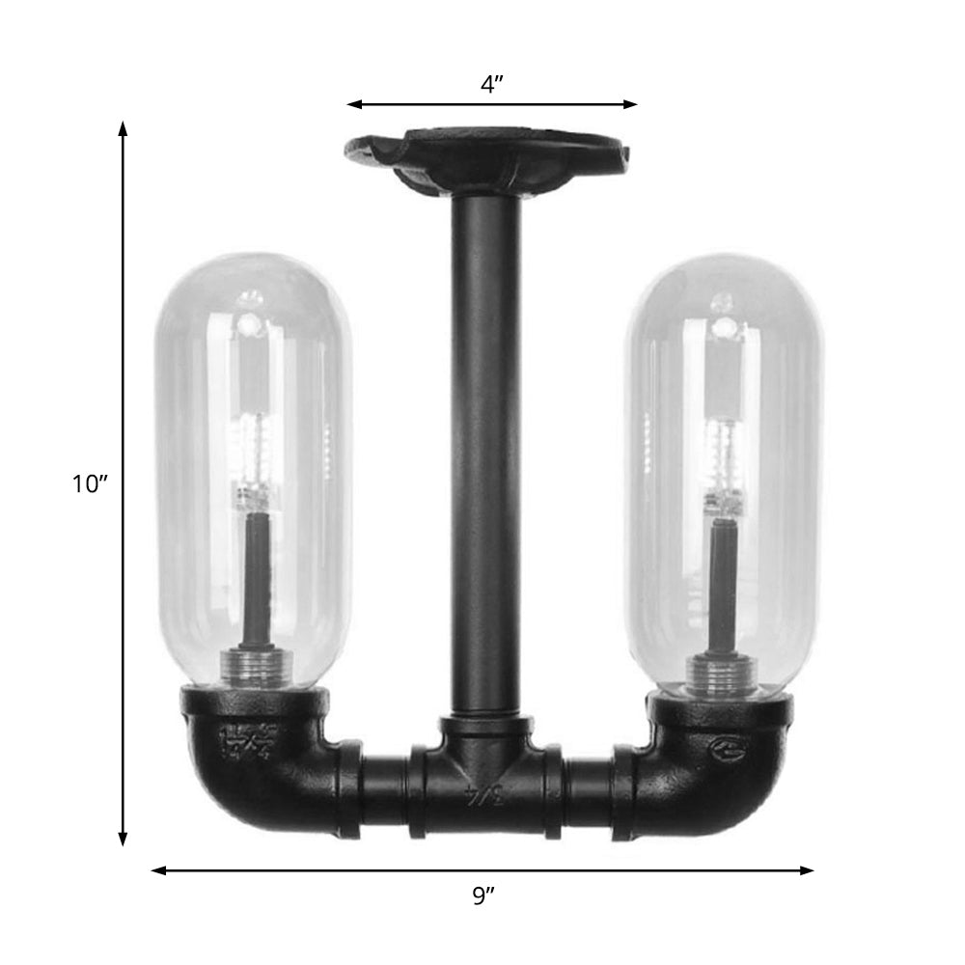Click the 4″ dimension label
click(x=492, y=85)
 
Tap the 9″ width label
click(x=483, y=896)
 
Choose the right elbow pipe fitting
click(x=714, y=762)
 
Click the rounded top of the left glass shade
click(x=254, y=275)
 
